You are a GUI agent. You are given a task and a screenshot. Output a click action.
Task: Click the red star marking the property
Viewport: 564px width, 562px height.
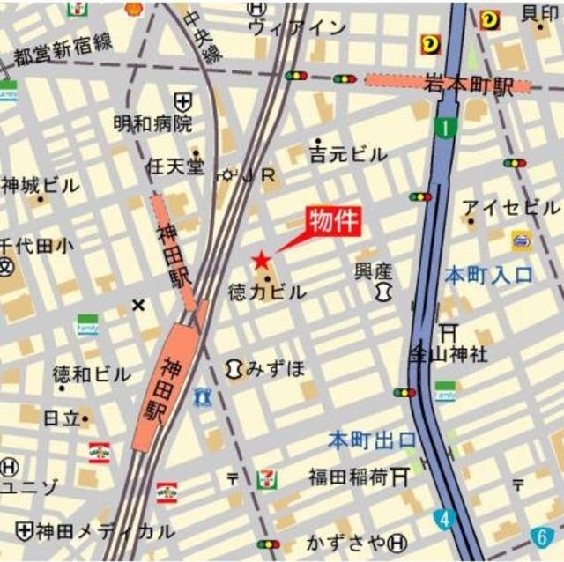[x=262, y=261]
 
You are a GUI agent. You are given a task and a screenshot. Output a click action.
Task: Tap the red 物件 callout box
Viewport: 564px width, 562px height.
[x=333, y=222]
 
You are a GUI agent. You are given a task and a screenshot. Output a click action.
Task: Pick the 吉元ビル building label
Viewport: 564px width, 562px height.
[x=348, y=154]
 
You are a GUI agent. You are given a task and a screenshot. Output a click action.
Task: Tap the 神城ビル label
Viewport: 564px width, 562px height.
[x=41, y=186]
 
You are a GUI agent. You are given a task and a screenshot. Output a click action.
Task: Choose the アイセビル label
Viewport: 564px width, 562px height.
[x=511, y=208]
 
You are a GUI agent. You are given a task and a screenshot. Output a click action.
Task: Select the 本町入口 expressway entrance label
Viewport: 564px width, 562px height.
[x=489, y=275]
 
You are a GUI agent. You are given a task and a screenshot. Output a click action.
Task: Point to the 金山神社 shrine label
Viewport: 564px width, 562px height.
[x=448, y=355]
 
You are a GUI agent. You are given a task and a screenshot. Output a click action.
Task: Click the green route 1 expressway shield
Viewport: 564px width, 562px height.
[x=446, y=128]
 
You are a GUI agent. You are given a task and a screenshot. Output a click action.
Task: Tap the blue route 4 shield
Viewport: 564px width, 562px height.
[x=446, y=520]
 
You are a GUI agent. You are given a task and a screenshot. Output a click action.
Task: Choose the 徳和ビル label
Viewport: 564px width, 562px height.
[x=91, y=373]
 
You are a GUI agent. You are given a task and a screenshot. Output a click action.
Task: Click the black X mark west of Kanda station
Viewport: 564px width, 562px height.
[x=137, y=305]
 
